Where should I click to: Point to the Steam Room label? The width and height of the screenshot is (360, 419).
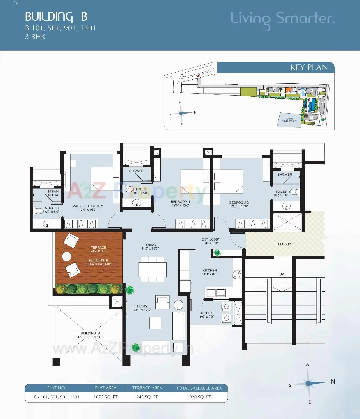(x=53, y=193)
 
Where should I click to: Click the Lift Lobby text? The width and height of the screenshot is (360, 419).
(x=282, y=244)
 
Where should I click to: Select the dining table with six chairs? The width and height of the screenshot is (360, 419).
(x=152, y=269)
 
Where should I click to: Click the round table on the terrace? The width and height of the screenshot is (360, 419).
(x=67, y=257)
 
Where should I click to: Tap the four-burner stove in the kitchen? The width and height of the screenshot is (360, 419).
(x=237, y=275)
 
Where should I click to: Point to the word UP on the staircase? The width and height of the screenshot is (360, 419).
(x=282, y=274)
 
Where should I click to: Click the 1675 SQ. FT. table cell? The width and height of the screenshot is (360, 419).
(x=106, y=397)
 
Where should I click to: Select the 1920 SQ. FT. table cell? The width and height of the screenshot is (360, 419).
(x=199, y=397)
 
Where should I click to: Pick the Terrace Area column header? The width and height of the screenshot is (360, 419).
(x=147, y=388)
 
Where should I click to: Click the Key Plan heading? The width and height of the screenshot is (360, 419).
(x=309, y=67)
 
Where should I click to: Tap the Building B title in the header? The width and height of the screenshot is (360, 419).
(x=56, y=17)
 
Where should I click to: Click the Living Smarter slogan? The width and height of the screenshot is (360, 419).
(x=282, y=19)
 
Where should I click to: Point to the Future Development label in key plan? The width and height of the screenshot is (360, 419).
(x=289, y=120)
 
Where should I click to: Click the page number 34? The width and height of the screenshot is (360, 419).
(x=16, y=4)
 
